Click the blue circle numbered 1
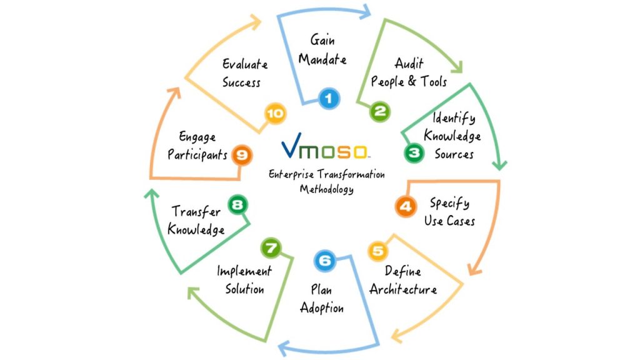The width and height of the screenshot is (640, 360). (329, 98)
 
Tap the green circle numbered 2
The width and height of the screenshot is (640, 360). (380, 111)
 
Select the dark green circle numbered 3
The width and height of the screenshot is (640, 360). (414, 153)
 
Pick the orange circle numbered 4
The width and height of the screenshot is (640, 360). (406, 206)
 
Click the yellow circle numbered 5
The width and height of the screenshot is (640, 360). (378, 251)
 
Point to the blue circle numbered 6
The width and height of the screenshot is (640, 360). (325, 261)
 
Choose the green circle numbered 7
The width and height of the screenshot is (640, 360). (271, 248)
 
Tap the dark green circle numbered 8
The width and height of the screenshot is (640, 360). (238, 204)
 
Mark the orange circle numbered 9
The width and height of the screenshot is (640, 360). (242, 155)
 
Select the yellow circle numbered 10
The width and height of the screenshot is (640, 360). (276, 113)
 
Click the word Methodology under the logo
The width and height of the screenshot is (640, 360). (326, 189)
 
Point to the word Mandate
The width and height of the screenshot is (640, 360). (322, 59)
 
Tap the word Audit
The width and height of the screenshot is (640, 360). (409, 63)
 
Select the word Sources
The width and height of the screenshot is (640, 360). (454, 154)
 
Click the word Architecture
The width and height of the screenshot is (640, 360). (403, 289)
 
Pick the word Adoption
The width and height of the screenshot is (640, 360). (322, 307)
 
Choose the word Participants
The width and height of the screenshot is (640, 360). (197, 155)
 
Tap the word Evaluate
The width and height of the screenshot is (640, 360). (245, 64)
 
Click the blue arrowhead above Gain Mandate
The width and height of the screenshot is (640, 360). (366, 11)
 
